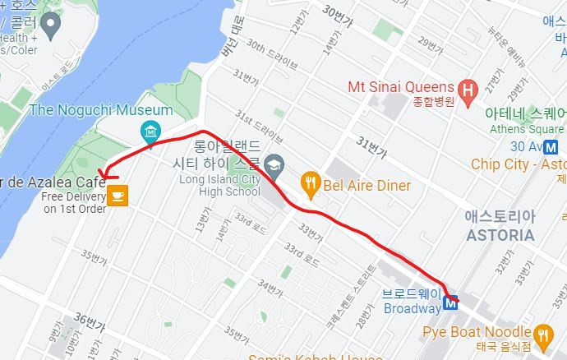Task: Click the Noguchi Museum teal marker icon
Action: click(150, 130)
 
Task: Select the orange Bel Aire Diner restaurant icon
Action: click(310, 185)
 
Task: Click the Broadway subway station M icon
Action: click(450, 302)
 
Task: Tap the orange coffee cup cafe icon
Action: click(118, 195)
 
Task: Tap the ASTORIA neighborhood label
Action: click(499, 234)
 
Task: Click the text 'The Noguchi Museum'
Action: click(101, 110)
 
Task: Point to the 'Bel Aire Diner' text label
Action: click(366, 186)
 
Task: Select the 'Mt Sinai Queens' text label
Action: click(400, 87)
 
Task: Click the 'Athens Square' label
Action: click(526, 128)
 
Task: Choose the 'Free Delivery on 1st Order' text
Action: click(74, 202)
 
